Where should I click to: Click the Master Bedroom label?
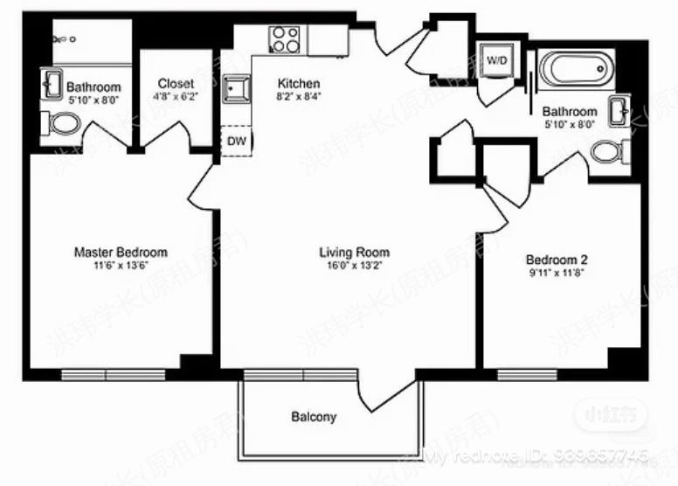pyautogui.click(x=120, y=253)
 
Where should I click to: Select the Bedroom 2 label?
pyautogui.click(x=557, y=260)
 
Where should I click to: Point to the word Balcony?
pyautogui.click(x=314, y=417)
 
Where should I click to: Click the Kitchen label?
pyautogui.click(x=292, y=84)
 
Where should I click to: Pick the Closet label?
pyautogui.click(x=176, y=83)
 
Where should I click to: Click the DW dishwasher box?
pyautogui.click(x=236, y=141)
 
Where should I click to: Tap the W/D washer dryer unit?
pyautogui.click(x=497, y=60)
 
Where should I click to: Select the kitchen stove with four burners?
pyautogui.click(x=284, y=39)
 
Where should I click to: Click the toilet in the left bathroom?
pyautogui.click(x=62, y=123)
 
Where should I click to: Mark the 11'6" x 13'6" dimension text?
pyautogui.click(x=120, y=266)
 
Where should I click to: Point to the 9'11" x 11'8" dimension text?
pyautogui.click(x=557, y=273)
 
